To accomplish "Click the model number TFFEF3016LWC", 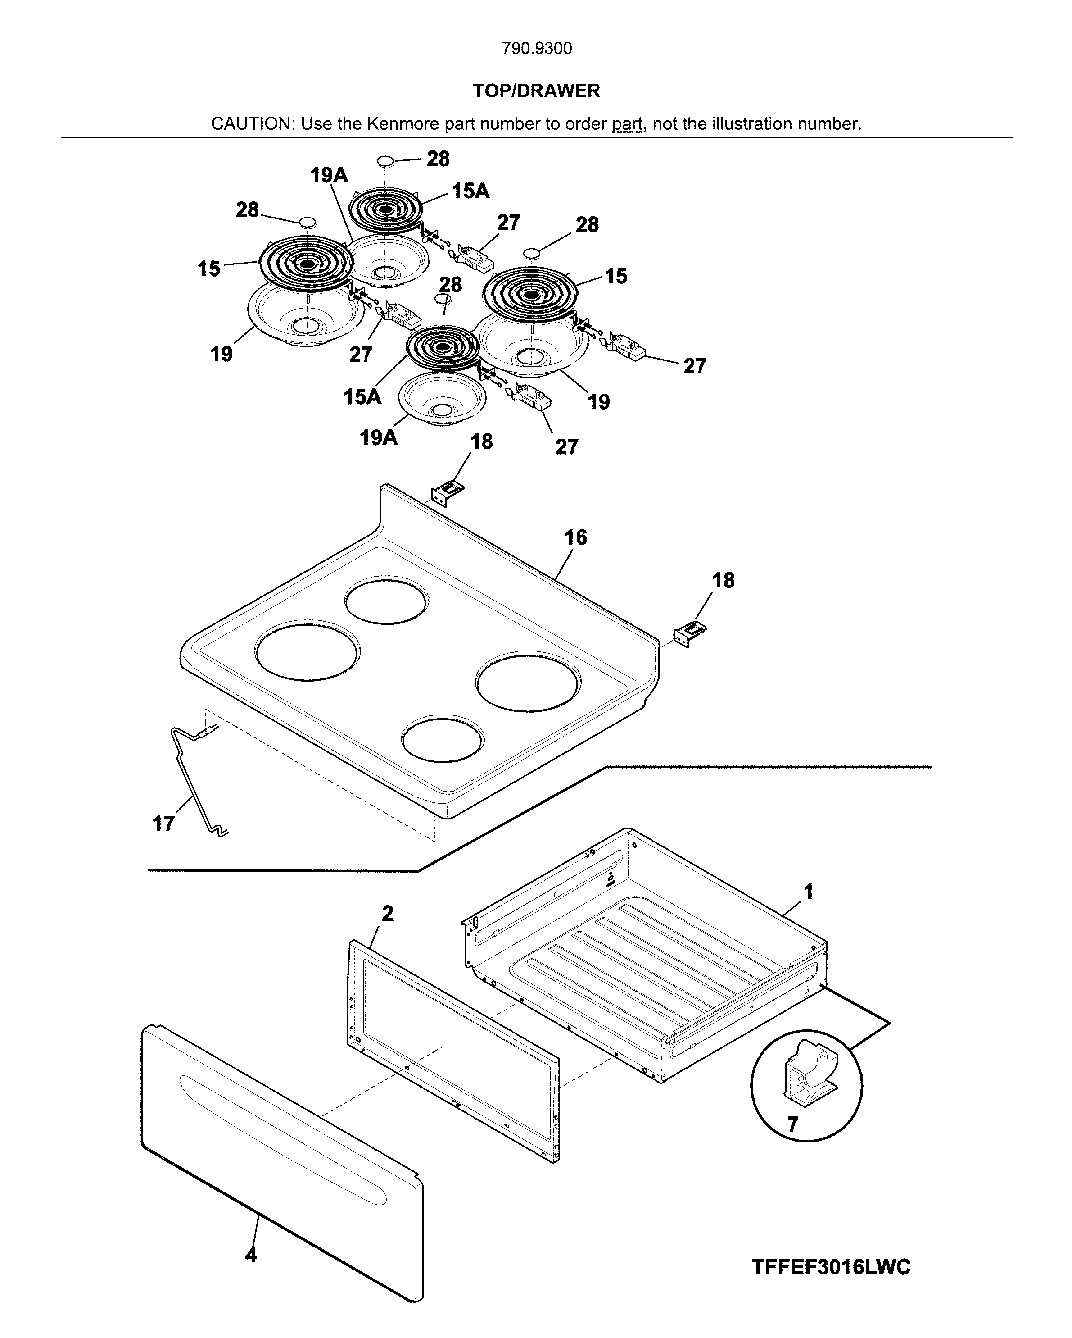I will (831, 1267).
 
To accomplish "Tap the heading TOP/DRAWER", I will (537, 91).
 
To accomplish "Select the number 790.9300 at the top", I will (537, 48).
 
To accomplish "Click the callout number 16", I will (575, 537).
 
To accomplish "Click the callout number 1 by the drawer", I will (808, 892).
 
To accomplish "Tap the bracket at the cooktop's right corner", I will (690, 634).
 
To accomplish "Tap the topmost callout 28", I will (438, 159).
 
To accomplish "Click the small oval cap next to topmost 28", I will (386, 161).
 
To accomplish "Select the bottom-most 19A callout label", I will (379, 437).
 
